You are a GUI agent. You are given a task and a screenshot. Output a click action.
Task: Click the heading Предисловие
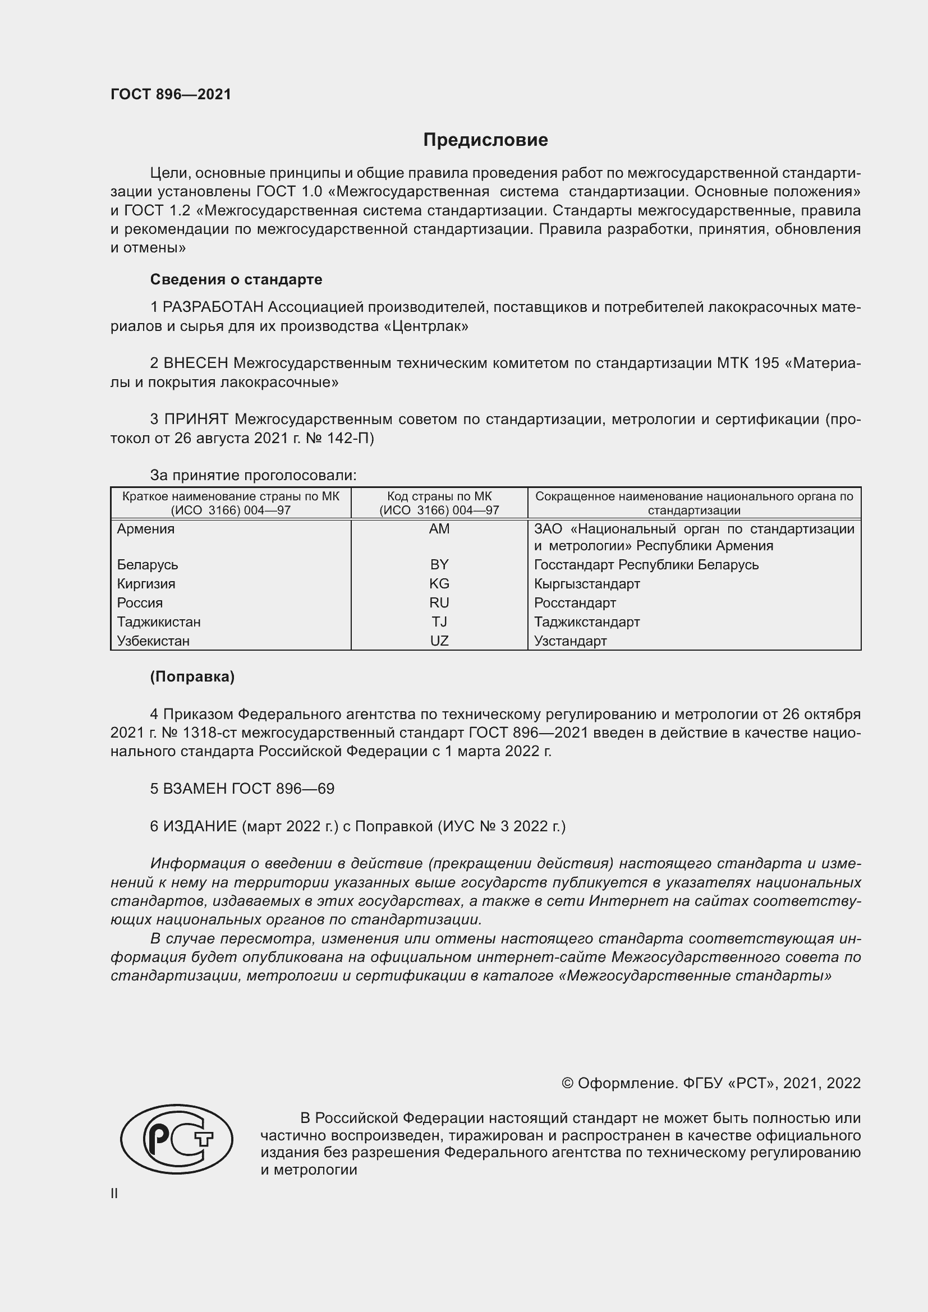coord(485,140)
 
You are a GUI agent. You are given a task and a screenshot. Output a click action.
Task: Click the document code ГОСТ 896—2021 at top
coord(171,95)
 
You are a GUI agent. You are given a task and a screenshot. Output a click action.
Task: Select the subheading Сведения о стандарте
coord(236,279)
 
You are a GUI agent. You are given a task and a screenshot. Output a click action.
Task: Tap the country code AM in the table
coord(439,529)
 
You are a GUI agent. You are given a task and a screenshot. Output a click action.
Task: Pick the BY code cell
coord(439,565)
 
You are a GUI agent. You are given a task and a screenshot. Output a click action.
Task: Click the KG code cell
coord(439,583)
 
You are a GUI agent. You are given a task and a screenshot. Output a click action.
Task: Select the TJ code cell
coord(439,622)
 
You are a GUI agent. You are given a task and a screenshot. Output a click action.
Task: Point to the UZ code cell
coord(439,641)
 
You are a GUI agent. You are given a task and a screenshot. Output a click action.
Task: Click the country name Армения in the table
coord(146,529)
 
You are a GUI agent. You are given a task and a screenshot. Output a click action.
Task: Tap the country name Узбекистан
coord(153,641)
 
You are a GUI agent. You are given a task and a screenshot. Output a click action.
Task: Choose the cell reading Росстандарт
coord(575,603)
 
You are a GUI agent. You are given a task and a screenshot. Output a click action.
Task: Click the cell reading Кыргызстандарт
coord(587,583)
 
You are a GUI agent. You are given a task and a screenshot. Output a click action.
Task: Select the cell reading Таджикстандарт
coord(587,622)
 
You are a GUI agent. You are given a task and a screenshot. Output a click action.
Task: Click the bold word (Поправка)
coord(192,676)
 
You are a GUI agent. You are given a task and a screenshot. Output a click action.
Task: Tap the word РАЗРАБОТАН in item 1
coord(213,307)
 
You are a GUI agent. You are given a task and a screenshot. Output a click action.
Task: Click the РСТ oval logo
coord(176,1139)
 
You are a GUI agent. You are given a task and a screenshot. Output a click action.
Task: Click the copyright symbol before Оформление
coord(567,1083)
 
